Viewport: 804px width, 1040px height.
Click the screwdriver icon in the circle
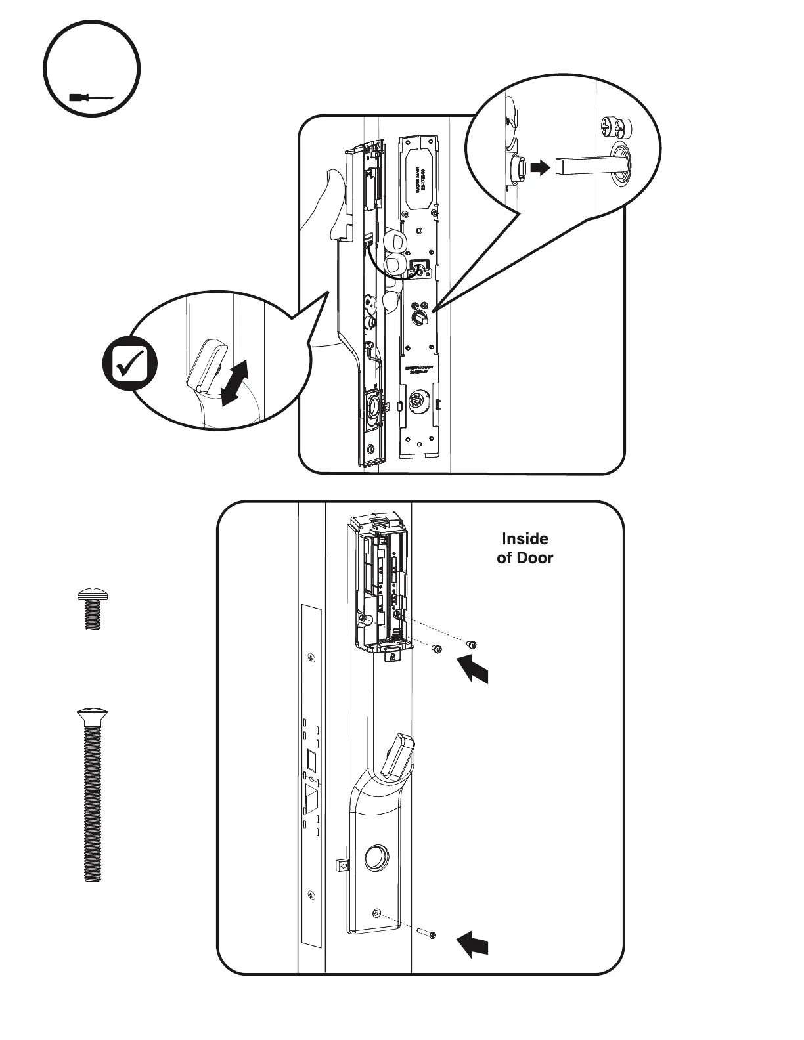tap(91, 98)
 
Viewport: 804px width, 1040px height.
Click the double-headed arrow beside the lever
tap(234, 383)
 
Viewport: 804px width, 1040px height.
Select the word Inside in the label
tap(525, 539)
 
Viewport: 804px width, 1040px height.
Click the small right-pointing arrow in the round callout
tap(539, 168)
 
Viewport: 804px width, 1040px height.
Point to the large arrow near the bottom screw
tap(473, 944)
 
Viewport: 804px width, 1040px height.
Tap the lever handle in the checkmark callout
tap(206, 364)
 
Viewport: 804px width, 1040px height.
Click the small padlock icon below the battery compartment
tap(392, 657)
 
